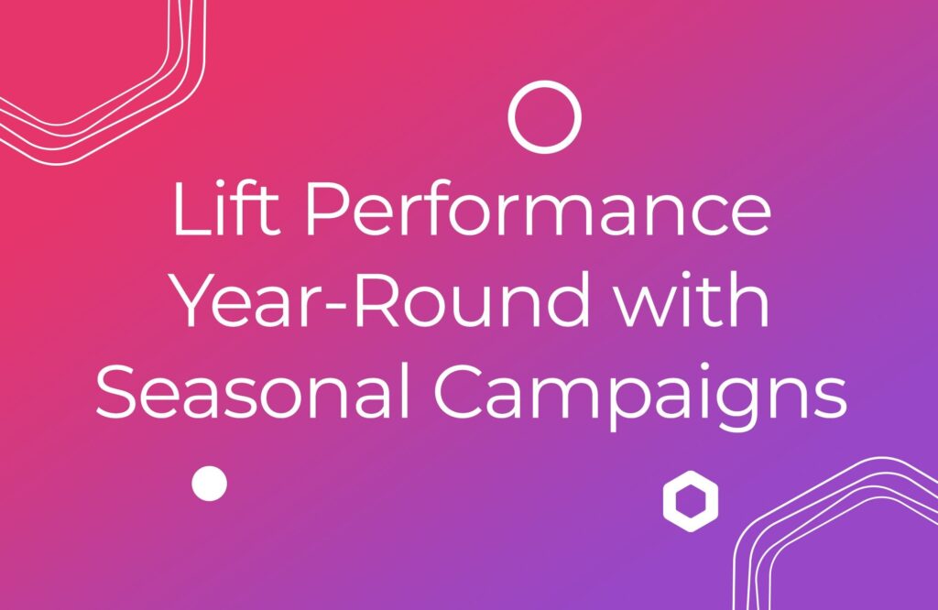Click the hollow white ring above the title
[x=545, y=116]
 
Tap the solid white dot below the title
[x=209, y=483]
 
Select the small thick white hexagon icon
[x=690, y=501]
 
